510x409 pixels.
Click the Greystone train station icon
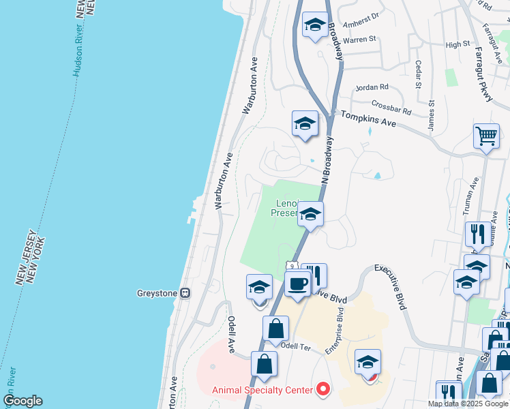pos(185,293)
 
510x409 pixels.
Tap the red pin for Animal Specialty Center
pos(324,389)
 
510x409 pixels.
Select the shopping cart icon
pos(486,135)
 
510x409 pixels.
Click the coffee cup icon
pos(298,283)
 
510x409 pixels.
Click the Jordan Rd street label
pos(372,87)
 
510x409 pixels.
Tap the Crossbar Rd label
pos(392,107)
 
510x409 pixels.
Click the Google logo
pos(22,401)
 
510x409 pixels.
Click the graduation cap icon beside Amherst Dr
pos(314,25)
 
